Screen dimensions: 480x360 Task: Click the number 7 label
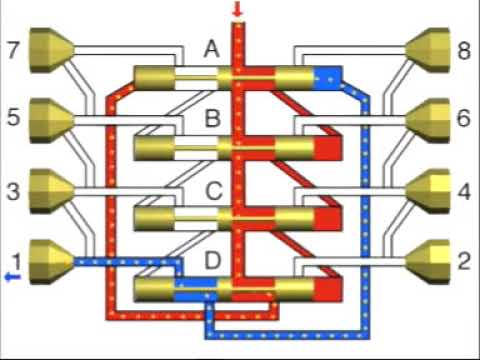(x=13, y=49)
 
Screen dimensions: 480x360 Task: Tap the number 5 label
(x=13, y=116)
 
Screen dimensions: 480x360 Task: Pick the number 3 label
(x=13, y=188)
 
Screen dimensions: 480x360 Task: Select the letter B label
(x=212, y=119)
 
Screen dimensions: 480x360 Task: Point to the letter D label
(x=212, y=262)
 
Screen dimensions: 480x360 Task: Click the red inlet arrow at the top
(x=237, y=10)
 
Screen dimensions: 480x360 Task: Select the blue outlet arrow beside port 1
(x=10, y=277)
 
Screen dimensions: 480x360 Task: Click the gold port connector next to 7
(x=49, y=48)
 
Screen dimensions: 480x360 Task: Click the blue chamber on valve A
(x=329, y=77)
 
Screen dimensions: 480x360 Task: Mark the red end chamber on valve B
(x=327, y=148)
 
